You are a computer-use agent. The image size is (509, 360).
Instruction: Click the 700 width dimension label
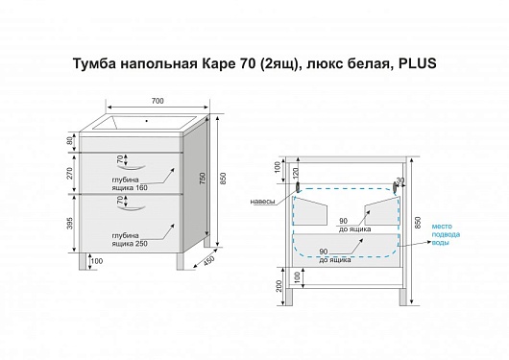[x=158, y=101]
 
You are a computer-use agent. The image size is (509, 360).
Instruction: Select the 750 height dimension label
[x=203, y=179]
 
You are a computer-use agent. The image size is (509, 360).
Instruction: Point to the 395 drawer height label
[x=70, y=224]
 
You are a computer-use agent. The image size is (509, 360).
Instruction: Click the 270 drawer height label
[x=70, y=173]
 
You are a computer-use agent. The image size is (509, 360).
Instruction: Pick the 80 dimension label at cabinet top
[x=70, y=142]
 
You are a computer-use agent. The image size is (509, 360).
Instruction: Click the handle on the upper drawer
[x=131, y=167]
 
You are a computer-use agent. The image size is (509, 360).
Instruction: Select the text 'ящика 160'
[x=130, y=187]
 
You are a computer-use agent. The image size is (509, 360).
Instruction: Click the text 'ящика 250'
[x=130, y=244]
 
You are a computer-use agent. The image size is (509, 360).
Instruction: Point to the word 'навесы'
[x=262, y=202]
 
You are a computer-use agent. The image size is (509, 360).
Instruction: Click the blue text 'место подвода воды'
[x=446, y=234]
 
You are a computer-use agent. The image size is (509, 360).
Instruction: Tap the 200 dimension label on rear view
[x=279, y=285]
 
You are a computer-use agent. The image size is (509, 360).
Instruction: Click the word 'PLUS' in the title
[x=417, y=63]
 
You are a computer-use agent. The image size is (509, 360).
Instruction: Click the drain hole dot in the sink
[x=147, y=121]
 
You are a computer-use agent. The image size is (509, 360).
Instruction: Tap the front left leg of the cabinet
[x=83, y=261]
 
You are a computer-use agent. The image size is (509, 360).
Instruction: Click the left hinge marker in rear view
[x=298, y=186]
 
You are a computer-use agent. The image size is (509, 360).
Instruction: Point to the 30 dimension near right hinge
[x=400, y=180]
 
